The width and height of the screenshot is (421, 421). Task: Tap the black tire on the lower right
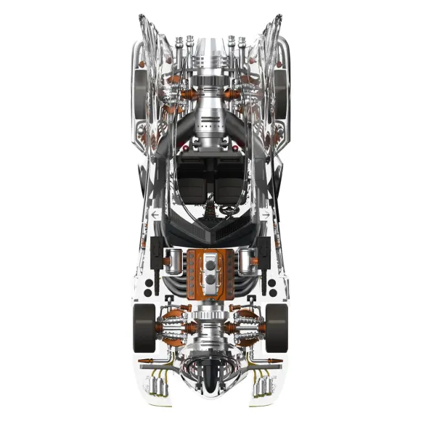pyautogui.click(x=277, y=326)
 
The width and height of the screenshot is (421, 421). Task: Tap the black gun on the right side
pyautogui.click(x=266, y=251)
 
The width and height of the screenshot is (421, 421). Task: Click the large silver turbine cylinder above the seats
pyautogui.click(x=210, y=109)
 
